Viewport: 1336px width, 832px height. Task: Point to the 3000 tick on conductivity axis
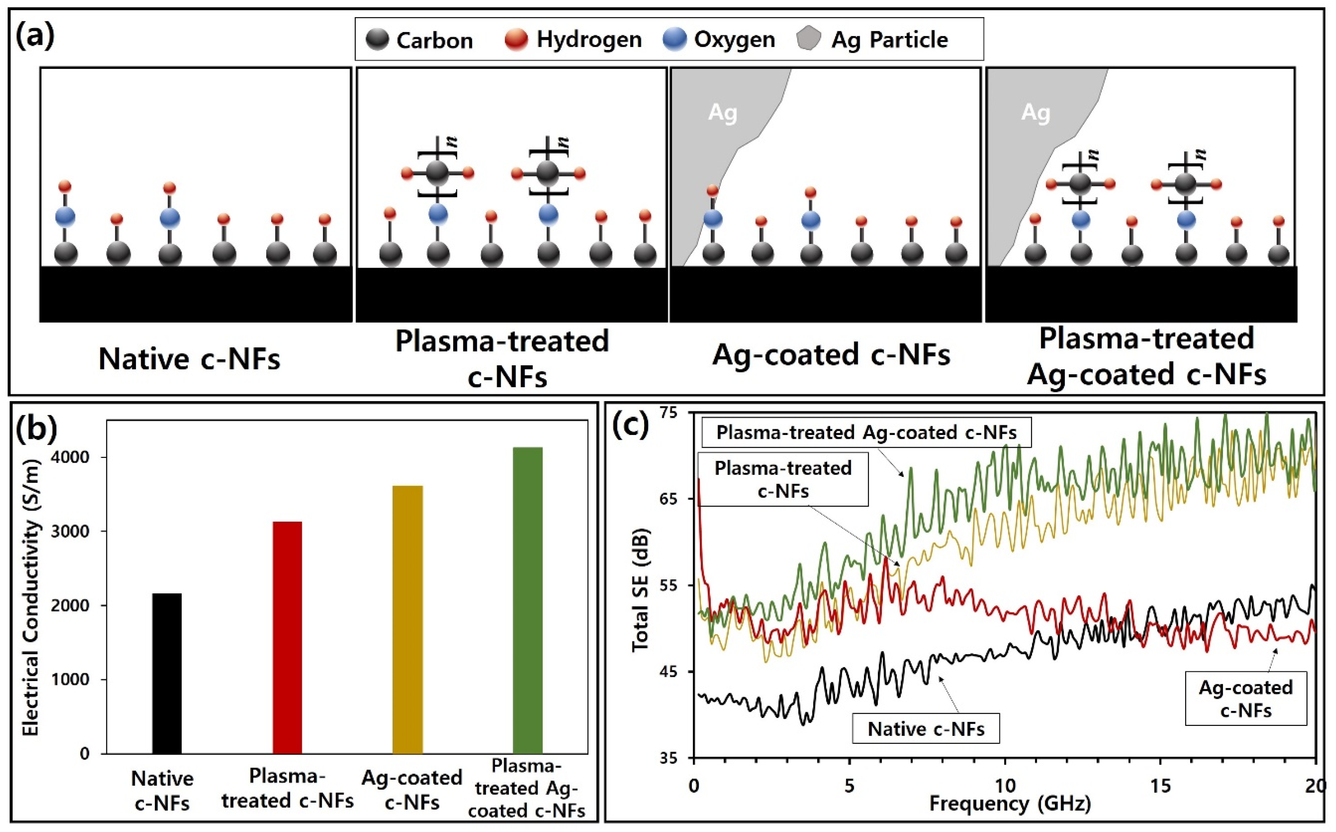[70, 532]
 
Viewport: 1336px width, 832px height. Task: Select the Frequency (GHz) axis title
[1010, 804]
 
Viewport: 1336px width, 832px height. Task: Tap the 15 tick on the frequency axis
[1161, 786]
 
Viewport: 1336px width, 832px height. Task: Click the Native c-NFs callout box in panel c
[926, 728]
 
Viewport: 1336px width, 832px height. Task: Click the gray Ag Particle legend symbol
[809, 39]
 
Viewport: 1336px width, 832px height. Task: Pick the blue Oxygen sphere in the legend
[675, 40]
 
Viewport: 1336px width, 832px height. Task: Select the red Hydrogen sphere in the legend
[516, 40]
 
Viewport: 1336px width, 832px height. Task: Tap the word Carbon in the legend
[435, 40]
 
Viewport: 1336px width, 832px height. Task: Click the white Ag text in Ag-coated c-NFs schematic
[722, 112]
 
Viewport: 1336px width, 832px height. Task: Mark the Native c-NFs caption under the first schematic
[189, 359]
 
